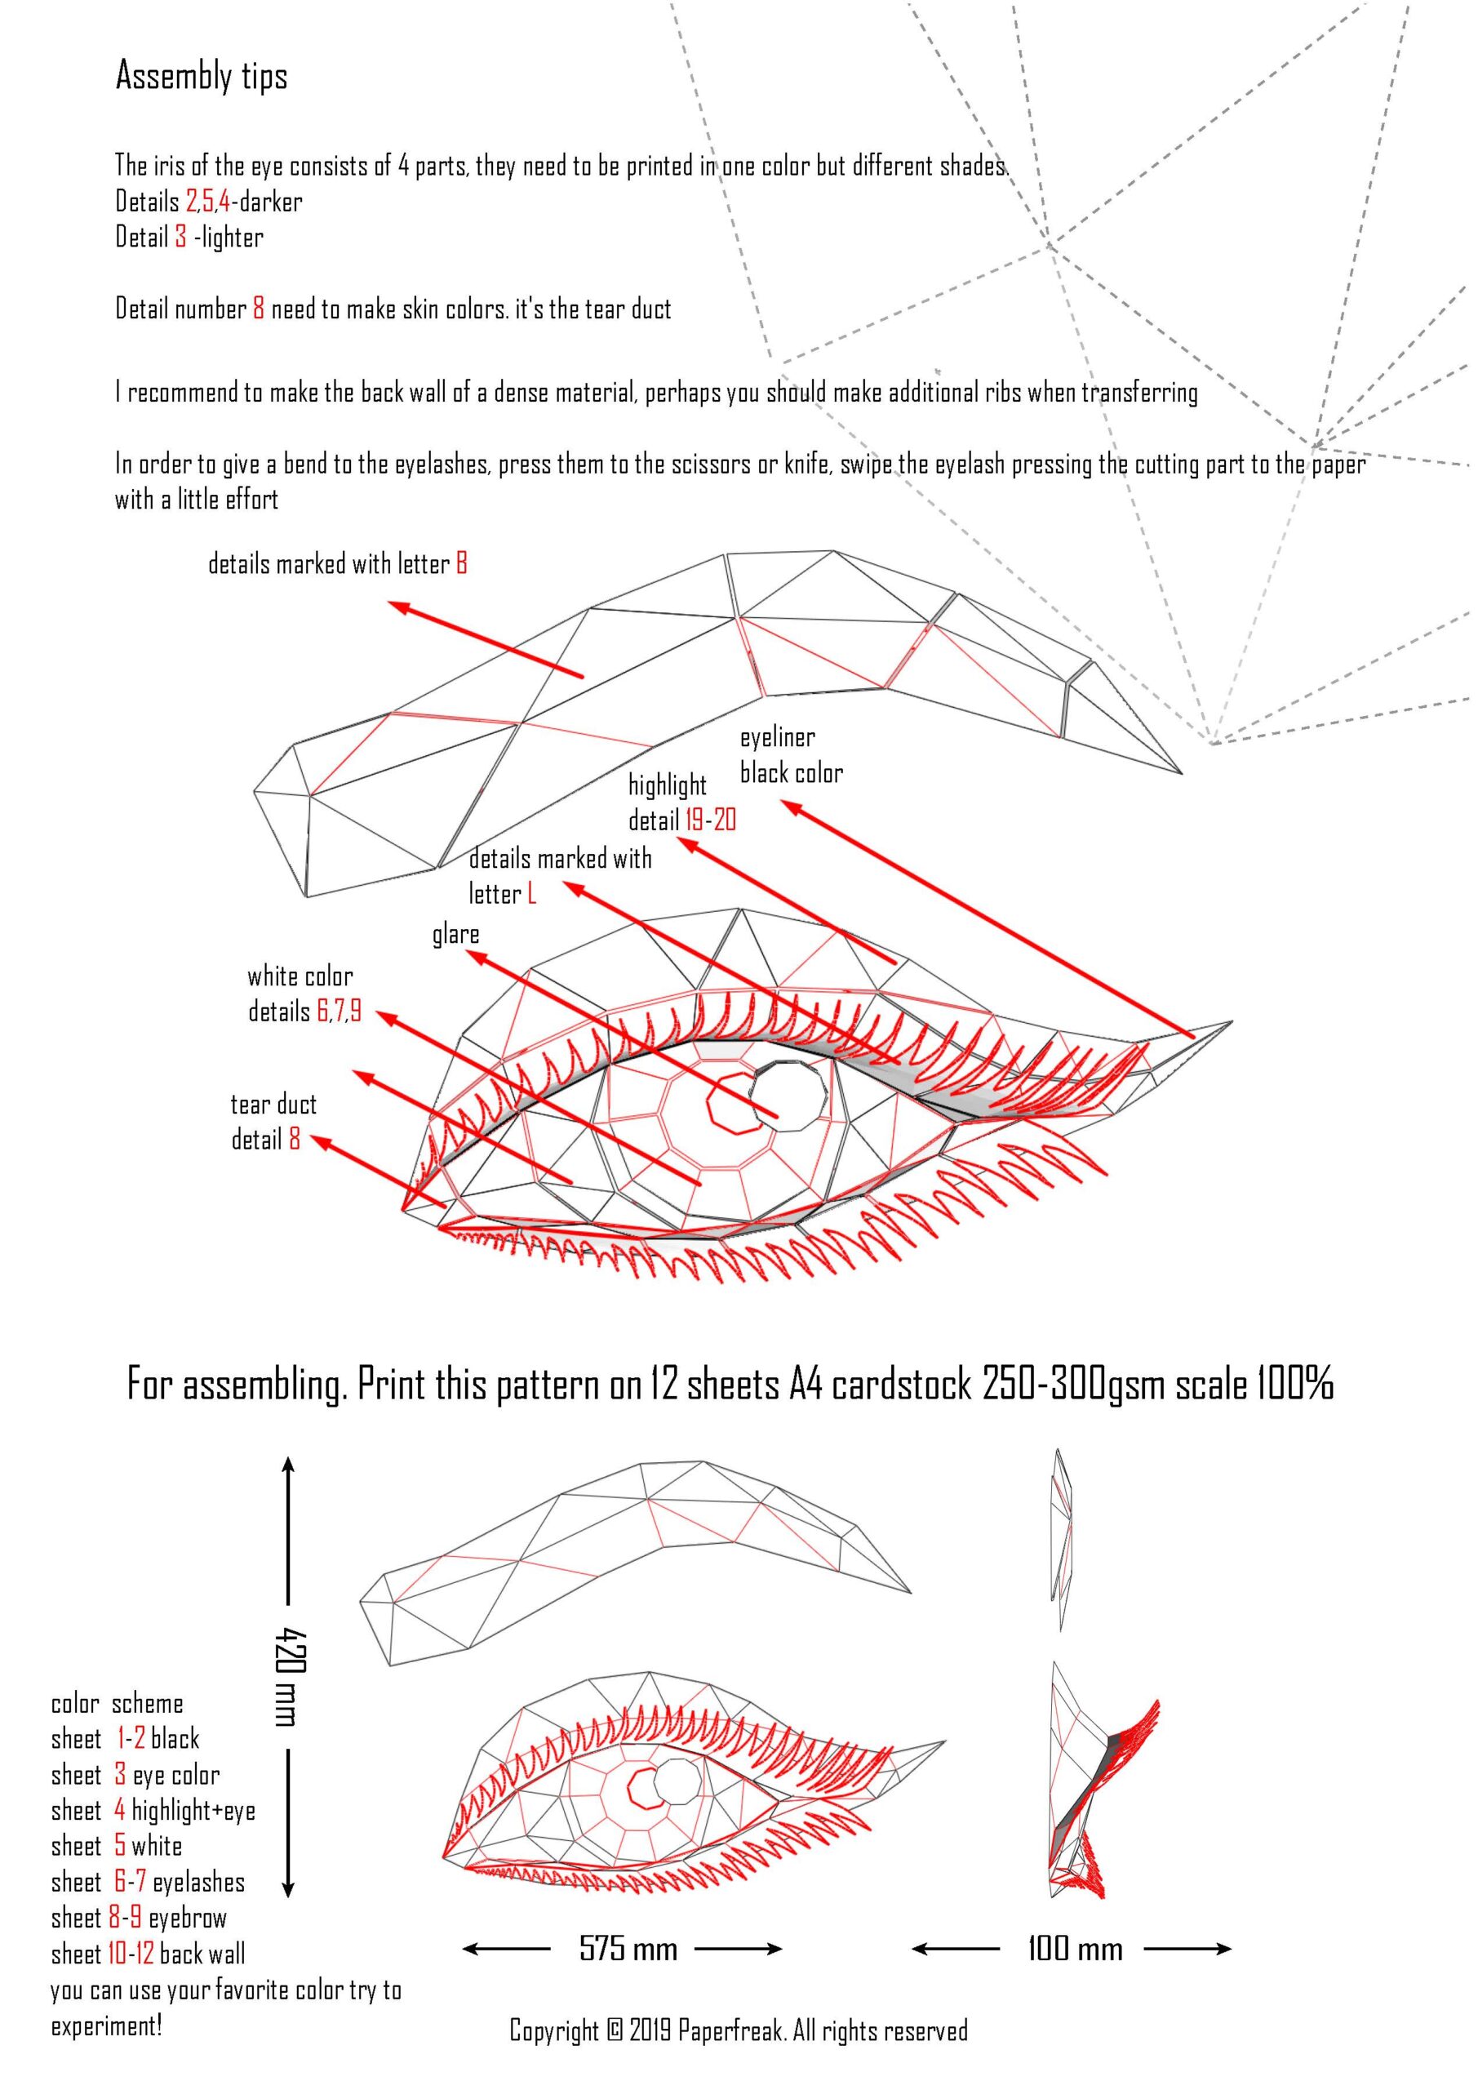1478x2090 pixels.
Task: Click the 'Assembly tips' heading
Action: click(x=201, y=77)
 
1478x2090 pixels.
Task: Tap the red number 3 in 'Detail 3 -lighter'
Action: click(x=181, y=238)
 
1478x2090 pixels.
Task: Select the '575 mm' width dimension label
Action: click(x=628, y=1948)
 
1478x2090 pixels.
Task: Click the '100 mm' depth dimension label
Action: click(x=1075, y=1948)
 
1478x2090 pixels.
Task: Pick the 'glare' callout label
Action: click(x=455, y=935)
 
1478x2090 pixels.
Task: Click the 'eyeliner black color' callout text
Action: click(x=790, y=755)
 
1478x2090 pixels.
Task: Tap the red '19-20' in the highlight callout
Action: click(x=711, y=821)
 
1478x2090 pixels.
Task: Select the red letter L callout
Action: click(x=531, y=895)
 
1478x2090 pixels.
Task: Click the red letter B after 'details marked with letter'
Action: click(x=461, y=564)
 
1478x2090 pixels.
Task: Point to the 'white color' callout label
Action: click(x=300, y=977)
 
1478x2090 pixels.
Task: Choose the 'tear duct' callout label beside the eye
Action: click(x=273, y=1105)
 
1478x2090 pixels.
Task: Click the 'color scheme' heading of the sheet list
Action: click(x=117, y=1704)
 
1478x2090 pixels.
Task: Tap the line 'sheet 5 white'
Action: click(x=117, y=1846)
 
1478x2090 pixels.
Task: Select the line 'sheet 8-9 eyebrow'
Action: click(x=139, y=1918)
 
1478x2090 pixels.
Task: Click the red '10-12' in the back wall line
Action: click(x=130, y=1954)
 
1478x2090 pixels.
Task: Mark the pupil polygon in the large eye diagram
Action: click(x=790, y=1096)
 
